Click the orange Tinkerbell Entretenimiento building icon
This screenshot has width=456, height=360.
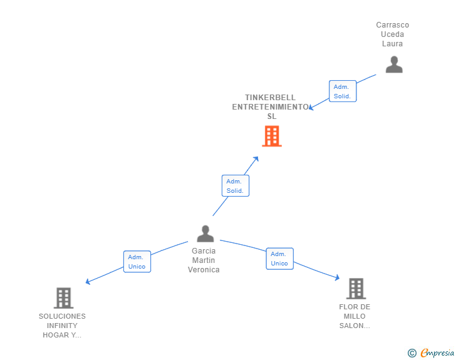(x=271, y=136)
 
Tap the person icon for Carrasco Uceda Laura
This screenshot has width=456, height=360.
(x=394, y=64)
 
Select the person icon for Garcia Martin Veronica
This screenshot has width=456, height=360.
(x=205, y=234)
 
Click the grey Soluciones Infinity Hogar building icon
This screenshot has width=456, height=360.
(x=63, y=298)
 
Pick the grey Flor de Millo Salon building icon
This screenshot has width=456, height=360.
(x=356, y=289)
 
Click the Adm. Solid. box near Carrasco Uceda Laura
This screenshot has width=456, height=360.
(x=343, y=91)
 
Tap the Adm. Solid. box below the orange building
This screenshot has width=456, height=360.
(x=236, y=186)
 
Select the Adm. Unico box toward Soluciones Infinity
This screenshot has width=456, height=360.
(x=137, y=262)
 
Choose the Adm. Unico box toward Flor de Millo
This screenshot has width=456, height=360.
(x=279, y=259)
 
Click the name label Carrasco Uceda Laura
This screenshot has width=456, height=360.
(x=393, y=34)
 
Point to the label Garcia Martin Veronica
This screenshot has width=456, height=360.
(x=204, y=260)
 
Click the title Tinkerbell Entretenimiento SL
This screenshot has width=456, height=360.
(x=271, y=106)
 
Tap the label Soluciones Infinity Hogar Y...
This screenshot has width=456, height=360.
(x=62, y=326)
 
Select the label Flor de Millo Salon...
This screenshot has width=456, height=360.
(x=355, y=316)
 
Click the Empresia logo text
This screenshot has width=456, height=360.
(x=437, y=353)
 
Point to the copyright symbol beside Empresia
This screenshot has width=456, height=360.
(x=412, y=354)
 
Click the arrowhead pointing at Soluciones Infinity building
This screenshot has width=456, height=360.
(x=88, y=282)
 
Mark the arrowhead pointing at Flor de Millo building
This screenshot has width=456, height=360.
(x=337, y=277)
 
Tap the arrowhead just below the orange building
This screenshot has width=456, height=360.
(x=256, y=159)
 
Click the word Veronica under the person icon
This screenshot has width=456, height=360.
(x=204, y=270)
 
